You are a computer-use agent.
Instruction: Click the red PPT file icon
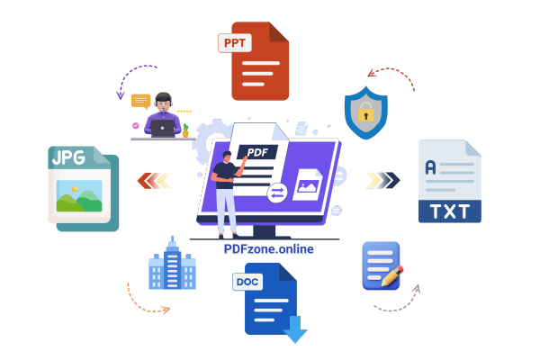(x=262, y=63)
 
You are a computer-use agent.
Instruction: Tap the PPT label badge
(x=235, y=42)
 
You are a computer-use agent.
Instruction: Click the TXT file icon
(x=449, y=181)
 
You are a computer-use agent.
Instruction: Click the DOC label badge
(x=247, y=282)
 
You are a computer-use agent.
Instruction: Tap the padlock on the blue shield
(x=366, y=113)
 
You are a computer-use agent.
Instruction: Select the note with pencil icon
(x=382, y=265)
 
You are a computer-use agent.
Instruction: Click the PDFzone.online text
(x=269, y=249)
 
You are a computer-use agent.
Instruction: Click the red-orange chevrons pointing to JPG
(x=154, y=181)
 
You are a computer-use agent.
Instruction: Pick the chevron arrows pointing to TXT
(x=382, y=180)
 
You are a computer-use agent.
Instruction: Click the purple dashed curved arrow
(x=131, y=77)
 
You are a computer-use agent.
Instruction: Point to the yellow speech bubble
(x=140, y=101)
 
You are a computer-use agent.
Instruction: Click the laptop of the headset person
(x=163, y=129)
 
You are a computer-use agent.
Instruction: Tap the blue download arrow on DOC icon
(x=295, y=334)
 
